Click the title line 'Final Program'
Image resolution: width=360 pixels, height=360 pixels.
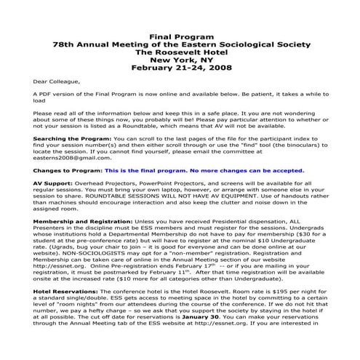tap(180, 36)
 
